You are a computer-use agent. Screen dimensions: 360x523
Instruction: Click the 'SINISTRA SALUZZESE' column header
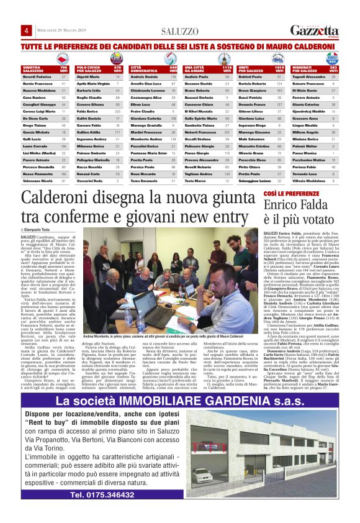coord(35,68)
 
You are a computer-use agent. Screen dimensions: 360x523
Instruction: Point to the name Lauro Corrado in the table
coord(33,146)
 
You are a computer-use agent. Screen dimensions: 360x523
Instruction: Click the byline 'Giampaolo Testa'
coord(41,230)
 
